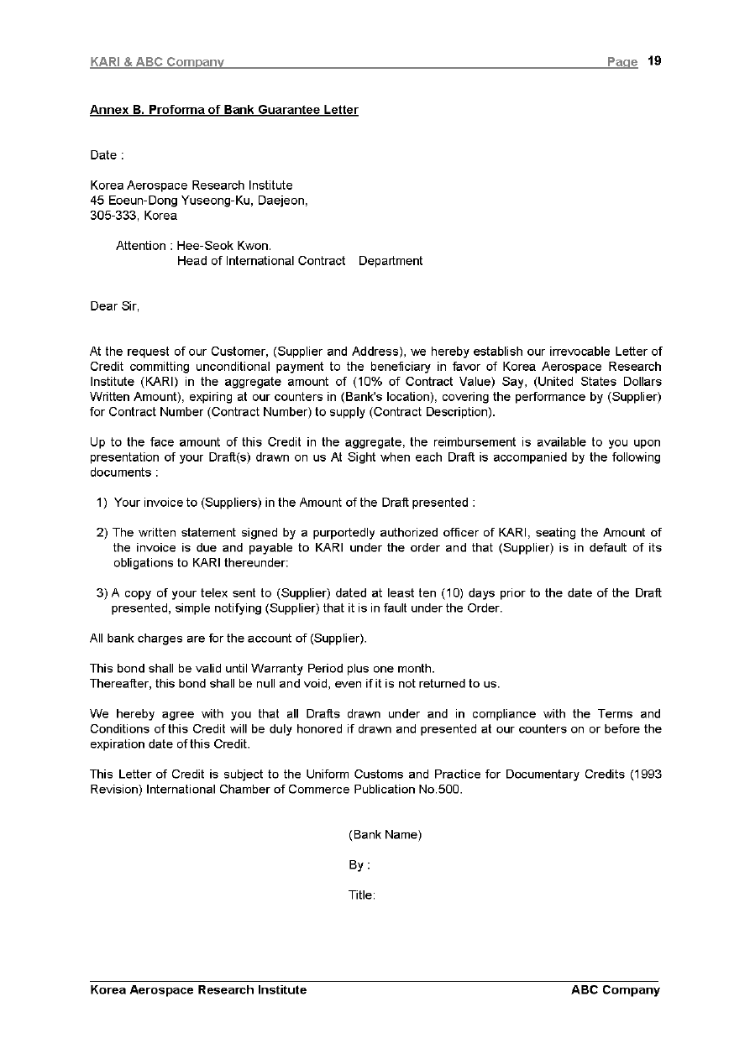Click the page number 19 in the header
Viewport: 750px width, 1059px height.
[655, 61]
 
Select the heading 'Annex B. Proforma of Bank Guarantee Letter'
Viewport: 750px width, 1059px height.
[224, 110]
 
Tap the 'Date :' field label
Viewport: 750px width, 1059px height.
[107, 155]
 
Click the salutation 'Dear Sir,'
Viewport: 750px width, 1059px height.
[115, 306]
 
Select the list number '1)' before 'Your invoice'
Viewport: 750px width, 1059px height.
[102, 503]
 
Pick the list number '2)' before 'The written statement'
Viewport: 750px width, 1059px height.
[102, 533]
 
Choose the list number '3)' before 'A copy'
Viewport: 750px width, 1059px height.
[102, 593]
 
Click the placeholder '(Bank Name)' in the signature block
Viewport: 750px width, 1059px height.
[385, 835]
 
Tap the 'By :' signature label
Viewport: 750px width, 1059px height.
[359, 865]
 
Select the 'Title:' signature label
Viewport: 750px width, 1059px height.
[362, 895]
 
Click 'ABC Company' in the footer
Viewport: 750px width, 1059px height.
[616, 990]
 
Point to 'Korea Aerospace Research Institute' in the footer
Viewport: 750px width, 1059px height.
[198, 990]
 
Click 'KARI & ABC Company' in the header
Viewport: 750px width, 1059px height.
[157, 62]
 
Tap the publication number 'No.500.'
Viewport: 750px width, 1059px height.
[439, 790]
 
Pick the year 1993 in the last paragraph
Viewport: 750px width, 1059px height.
[647, 775]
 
